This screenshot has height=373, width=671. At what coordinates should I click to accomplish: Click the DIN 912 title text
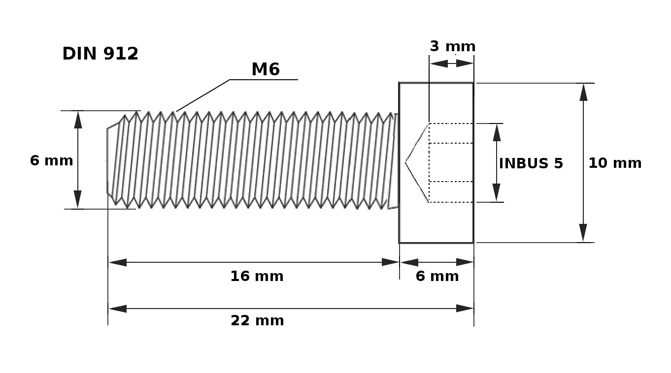pyautogui.click(x=100, y=54)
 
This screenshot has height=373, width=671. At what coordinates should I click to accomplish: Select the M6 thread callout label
pyautogui.click(x=266, y=69)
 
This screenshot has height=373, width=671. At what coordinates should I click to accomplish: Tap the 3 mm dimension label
pyautogui.click(x=452, y=46)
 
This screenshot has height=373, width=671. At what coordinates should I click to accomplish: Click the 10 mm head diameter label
pyautogui.click(x=615, y=163)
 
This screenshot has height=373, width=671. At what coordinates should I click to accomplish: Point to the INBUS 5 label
pyautogui.click(x=531, y=163)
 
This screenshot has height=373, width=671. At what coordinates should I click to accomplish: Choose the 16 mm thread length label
pyautogui.click(x=257, y=277)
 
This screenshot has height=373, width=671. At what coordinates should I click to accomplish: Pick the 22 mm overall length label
pyautogui.click(x=257, y=321)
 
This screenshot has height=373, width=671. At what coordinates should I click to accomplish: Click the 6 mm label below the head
pyautogui.click(x=437, y=277)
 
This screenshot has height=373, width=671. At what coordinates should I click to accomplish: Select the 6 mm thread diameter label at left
pyautogui.click(x=51, y=161)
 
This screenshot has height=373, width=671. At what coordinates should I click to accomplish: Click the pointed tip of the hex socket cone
pyautogui.click(x=406, y=162)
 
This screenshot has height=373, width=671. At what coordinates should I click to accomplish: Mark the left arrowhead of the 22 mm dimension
pyautogui.click(x=117, y=309)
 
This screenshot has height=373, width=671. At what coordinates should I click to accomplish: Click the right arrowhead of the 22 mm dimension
pyautogui.click(x=465, y=309)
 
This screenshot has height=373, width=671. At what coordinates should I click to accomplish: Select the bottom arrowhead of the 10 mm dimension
pyautogui.click(x=583, y=233)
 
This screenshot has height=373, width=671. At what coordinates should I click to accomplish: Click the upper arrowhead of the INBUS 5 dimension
pyautogui.click(x=497, y=132)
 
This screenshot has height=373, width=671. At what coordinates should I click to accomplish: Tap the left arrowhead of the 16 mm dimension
pyautogui.click(x=117, y=262)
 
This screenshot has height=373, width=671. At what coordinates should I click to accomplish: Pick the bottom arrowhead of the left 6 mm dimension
pyautogui.click(x=78, y=200)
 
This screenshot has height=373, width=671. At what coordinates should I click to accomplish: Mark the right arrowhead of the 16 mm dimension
pyautogui.click(x=390, y=262)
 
